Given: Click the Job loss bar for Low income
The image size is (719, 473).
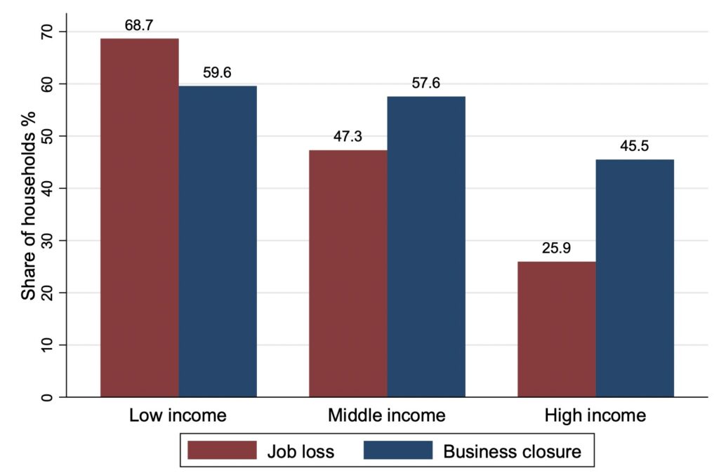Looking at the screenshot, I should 139,218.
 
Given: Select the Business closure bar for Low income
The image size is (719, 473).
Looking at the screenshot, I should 218,241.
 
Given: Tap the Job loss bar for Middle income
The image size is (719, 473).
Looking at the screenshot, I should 348,274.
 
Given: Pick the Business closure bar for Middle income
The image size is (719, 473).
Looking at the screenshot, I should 426,246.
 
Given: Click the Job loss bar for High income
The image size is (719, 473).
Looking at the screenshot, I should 557,329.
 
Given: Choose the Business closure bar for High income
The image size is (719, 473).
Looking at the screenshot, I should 635,278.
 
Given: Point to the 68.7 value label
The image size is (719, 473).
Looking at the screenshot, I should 139,26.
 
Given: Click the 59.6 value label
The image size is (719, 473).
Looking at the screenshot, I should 218,73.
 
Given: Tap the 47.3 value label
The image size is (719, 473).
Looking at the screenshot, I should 348,137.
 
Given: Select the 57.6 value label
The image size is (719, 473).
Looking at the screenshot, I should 426,84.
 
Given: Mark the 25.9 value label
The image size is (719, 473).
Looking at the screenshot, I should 557,249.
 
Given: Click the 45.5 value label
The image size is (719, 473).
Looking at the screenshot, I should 635,147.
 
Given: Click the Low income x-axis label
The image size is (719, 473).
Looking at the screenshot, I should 178,415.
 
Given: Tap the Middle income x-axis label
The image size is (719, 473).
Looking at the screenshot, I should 387,415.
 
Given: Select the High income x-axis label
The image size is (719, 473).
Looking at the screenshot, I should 595,415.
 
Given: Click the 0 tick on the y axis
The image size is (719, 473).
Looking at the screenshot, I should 46,397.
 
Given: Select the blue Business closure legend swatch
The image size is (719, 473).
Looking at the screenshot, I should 397,450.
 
